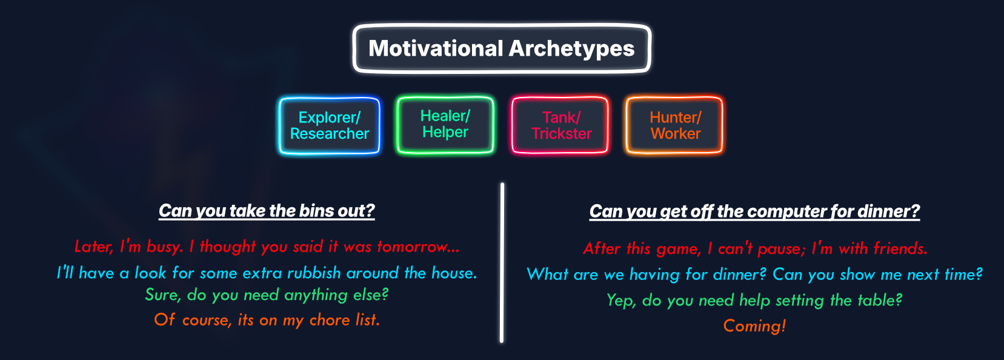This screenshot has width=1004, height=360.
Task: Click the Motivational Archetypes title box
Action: [x=502, y=48]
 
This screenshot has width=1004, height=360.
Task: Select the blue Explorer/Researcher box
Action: [x=330, y=125]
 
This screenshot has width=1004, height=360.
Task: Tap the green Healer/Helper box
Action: [x=445, y=125]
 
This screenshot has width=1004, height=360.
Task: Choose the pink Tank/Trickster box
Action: [x=560, y=125]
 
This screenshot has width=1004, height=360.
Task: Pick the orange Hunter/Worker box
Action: [x=674, y=125]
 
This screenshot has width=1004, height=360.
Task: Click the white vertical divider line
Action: [x=502, y=262]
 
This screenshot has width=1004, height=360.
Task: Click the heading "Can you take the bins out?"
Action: [x=267, y=211]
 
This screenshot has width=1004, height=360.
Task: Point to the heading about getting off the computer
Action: [x=754, y=211]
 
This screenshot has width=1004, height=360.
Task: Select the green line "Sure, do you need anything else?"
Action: [x=267, y=295]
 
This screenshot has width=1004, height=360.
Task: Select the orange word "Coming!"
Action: [x=754, y=326]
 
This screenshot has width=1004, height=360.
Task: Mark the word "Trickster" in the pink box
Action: [x=562, y=133]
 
